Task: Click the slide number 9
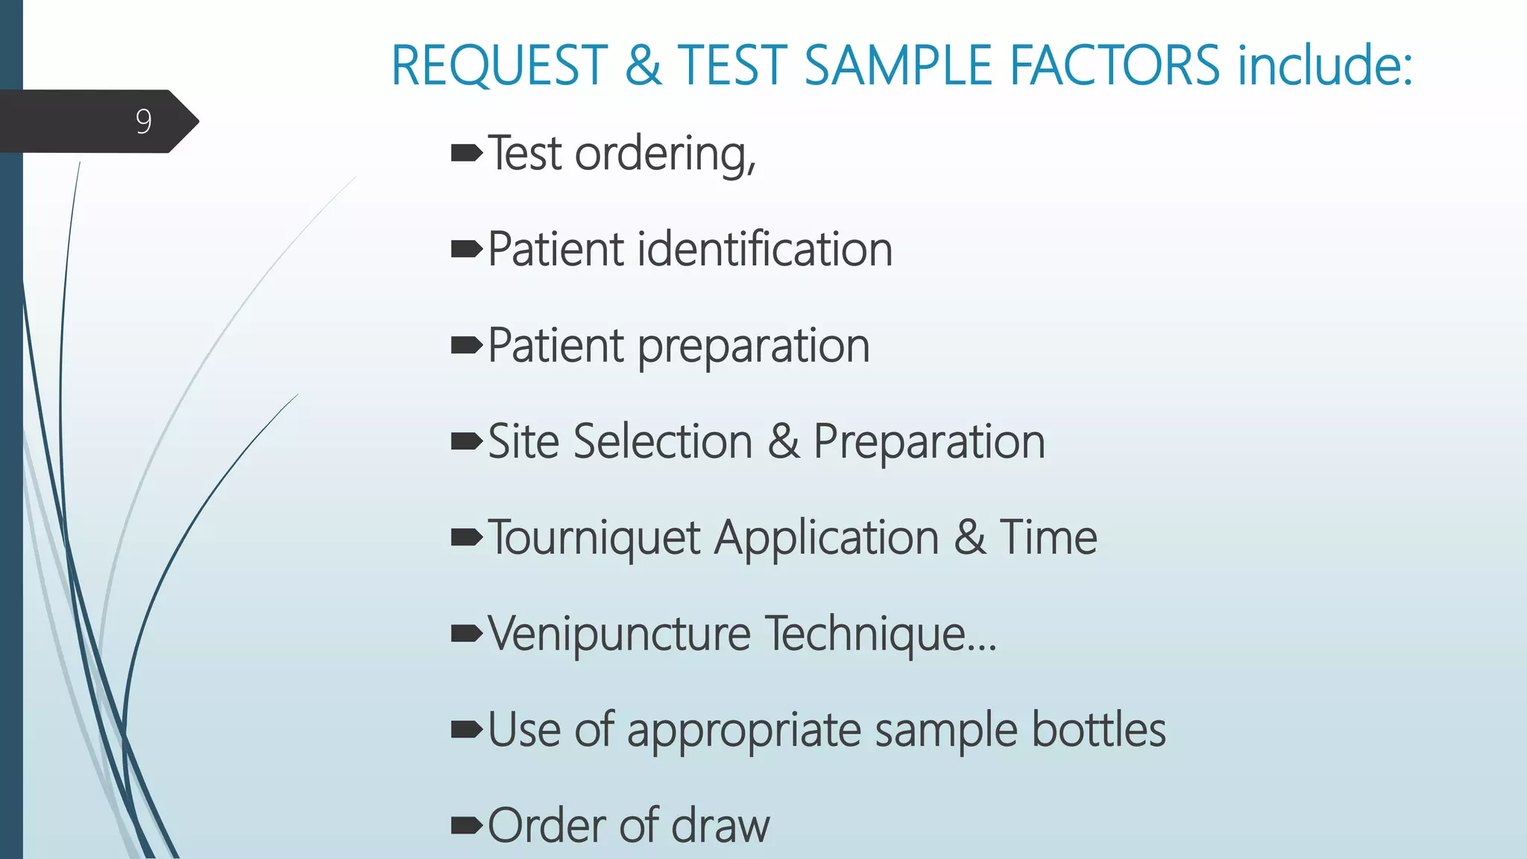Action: pos(144,122)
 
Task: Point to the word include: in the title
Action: pos(1325,66)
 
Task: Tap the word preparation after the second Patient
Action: pos(754,347)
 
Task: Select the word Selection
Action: pos(664,441)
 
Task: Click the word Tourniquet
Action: pos(594,538)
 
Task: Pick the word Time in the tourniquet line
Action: pos(1048,538)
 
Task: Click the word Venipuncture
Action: pos(620,634)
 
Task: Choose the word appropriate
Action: pos(744,731)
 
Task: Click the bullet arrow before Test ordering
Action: pos(467,154)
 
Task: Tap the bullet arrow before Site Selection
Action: pos(467,442)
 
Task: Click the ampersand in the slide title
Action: pos(643,66)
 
